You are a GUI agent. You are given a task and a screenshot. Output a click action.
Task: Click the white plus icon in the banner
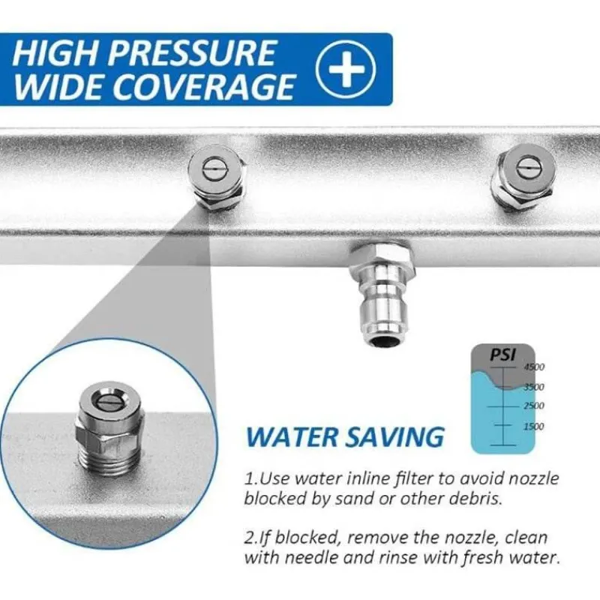[346, 69]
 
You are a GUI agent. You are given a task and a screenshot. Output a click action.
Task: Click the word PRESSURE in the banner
[193, 52]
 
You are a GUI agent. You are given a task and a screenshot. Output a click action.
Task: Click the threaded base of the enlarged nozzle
[109, 459]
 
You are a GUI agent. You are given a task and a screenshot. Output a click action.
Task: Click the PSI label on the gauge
[502, 355]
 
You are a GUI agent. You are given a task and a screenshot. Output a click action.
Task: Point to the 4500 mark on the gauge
[534, 367]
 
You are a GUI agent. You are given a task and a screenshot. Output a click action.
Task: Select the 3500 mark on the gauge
[534, 387]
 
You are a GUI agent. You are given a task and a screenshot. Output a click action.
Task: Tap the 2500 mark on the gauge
[534, 406]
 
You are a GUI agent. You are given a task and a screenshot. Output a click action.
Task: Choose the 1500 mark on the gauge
[534, 426]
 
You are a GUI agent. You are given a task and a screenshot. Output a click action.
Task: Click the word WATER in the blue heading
[292, 436]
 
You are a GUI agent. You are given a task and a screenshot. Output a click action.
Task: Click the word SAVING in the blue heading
[394, 436]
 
